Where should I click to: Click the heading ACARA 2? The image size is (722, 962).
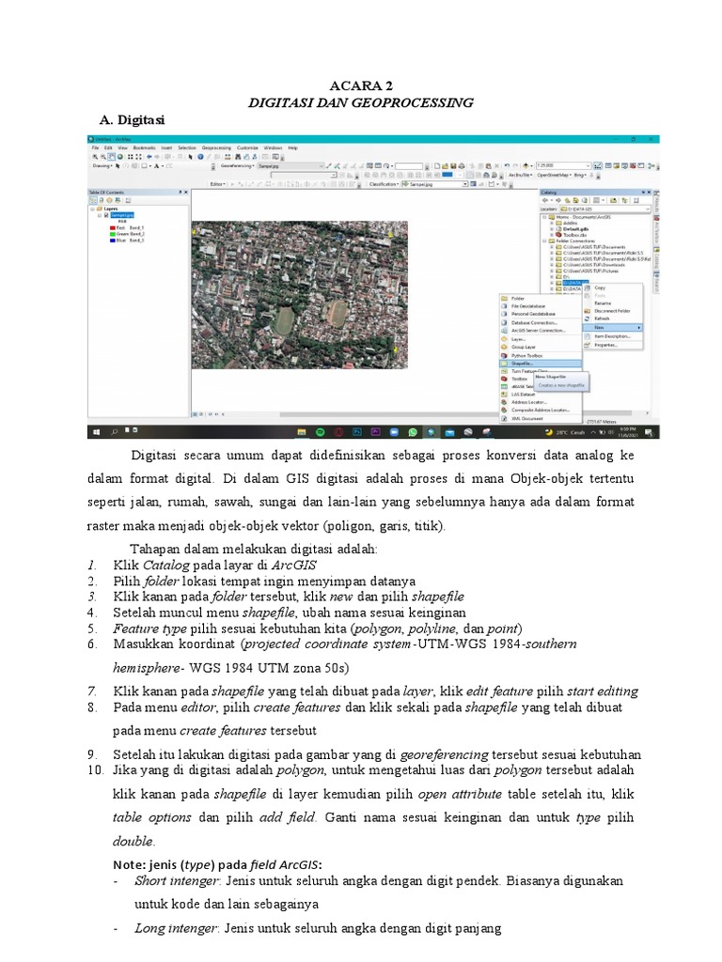(x=361, y=85)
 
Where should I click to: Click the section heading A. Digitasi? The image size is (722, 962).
(x=133, y=120)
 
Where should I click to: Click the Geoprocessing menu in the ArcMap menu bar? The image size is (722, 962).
(x=216, y=147)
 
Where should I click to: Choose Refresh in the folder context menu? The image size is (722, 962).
(x=603, y=318)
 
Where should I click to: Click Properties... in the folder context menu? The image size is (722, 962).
(x=606, y=345)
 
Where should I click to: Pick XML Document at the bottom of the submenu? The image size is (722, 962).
(x=529, y=418)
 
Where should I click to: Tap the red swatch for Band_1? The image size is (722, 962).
(x=113, y=226)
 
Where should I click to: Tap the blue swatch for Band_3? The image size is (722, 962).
(x=113, y=240)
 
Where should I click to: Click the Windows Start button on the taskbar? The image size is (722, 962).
(x=96, y=432)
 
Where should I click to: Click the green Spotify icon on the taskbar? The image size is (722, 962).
(x=320, y=432)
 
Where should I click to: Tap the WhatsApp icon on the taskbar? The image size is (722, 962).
(x=412, y=432)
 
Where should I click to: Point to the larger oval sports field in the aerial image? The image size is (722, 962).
(x=284, y=319)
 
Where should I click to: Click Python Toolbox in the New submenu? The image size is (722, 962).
(x=528, y=355)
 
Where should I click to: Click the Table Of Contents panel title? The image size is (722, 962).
(x=106, y=192)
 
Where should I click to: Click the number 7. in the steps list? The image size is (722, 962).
(x=92, y=690)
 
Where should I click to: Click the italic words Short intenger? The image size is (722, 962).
(x=178, y=881)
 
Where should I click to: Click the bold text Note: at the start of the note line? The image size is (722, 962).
(x=129, y=863)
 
